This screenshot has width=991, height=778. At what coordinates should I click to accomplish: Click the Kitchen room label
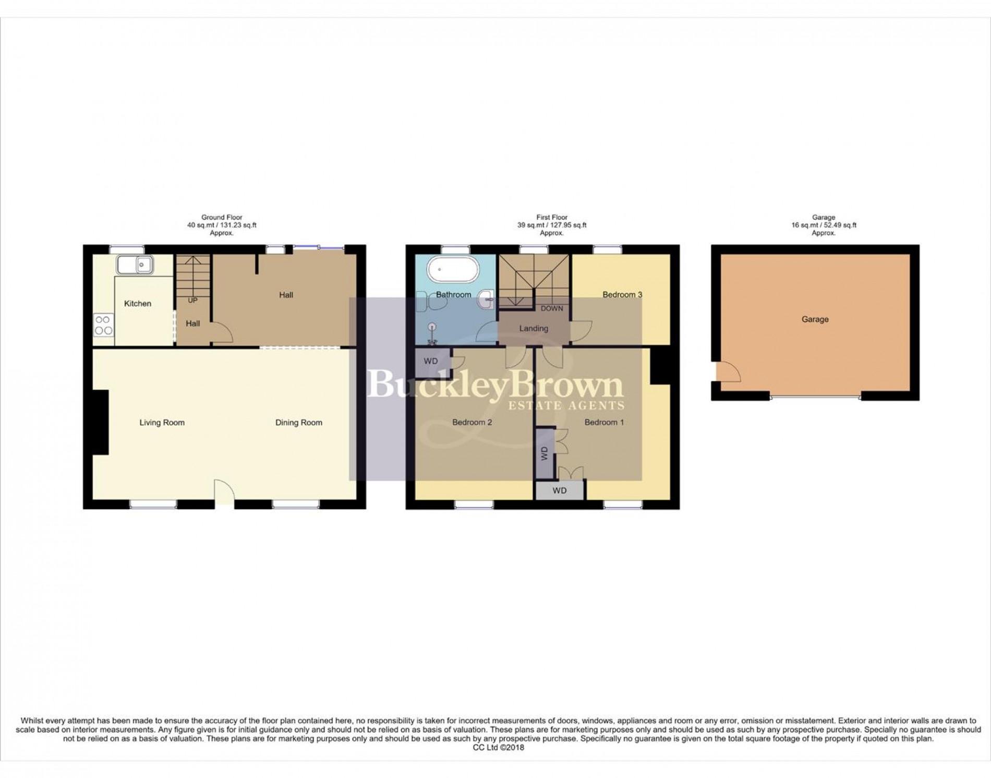click(138, 304)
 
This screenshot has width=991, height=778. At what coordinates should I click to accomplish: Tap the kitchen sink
click(134, 265)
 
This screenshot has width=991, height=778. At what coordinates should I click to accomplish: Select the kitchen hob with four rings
click(103, 325)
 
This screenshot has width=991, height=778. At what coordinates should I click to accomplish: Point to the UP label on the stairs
click(192, 301)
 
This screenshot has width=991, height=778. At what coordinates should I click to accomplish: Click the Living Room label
click(162, 423)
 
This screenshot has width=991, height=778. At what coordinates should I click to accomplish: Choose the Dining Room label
click(298, 423)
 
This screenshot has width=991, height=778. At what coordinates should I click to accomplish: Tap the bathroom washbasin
click(487, 298)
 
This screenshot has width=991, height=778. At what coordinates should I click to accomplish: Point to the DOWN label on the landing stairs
click(551, 308)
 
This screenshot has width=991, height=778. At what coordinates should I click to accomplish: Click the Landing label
click(533, 329)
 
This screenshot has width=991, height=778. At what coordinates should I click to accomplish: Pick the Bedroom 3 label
click(622, 295)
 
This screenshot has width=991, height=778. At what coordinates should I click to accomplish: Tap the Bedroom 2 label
click(472, 423)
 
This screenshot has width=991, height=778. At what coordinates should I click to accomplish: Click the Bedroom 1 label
click(604, 423)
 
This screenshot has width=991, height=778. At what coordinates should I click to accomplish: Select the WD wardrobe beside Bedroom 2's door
click(431, 362)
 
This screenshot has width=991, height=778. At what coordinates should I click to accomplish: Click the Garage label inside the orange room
click(815, 319)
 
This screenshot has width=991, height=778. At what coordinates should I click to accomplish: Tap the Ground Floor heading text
click(222, 218)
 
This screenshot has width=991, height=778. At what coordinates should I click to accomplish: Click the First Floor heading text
click(551, 218)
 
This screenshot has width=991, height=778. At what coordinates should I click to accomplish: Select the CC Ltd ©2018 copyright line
click(498, 747)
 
